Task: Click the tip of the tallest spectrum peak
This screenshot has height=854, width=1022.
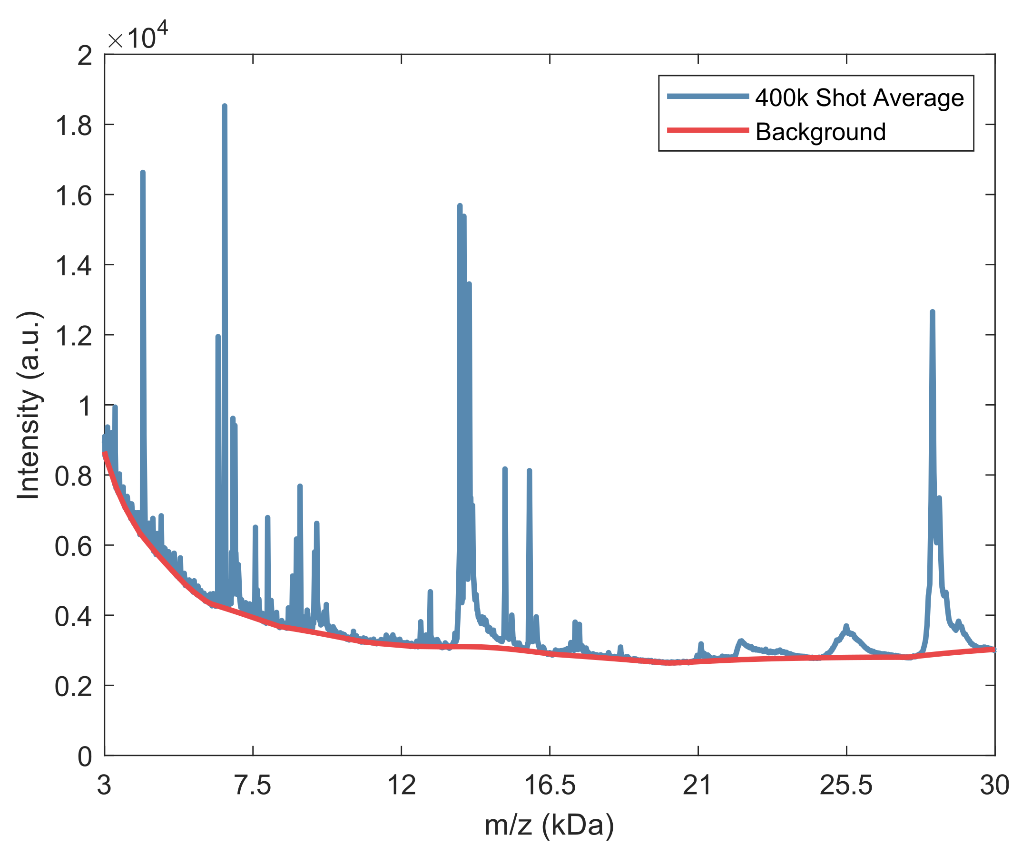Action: tap(225, 106)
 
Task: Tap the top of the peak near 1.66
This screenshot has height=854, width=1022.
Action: tap(143, 173)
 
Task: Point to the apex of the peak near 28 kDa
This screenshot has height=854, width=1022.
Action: tap(932, 312)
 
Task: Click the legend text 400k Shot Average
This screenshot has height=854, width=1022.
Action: tap(859, 98)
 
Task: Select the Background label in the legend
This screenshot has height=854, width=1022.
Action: tap(821, 132)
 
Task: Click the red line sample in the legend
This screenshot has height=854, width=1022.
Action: tap(708, 130)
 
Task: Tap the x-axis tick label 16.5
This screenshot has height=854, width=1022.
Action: tap(550, 786)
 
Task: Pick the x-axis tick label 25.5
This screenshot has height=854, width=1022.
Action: tap(846, 786)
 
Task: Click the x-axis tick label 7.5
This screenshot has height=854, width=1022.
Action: tap(253, 786)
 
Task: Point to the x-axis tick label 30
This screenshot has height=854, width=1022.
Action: tap(994, 786)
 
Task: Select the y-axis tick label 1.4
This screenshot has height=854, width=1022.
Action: tap(73, 266)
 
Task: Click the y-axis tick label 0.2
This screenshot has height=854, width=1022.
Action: tap(73, 687)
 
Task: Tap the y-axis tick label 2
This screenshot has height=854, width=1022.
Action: tap(85, 56)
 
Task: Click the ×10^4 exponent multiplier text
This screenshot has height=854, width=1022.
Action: tap(138, 37)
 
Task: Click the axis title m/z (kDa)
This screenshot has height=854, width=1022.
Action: tap(550, 825)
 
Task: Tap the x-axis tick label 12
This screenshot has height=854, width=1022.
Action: tap(402, 786)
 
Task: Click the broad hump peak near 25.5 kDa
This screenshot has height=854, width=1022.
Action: tap(846, 628)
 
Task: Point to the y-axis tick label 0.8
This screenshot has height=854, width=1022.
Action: tap(73, 476)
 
